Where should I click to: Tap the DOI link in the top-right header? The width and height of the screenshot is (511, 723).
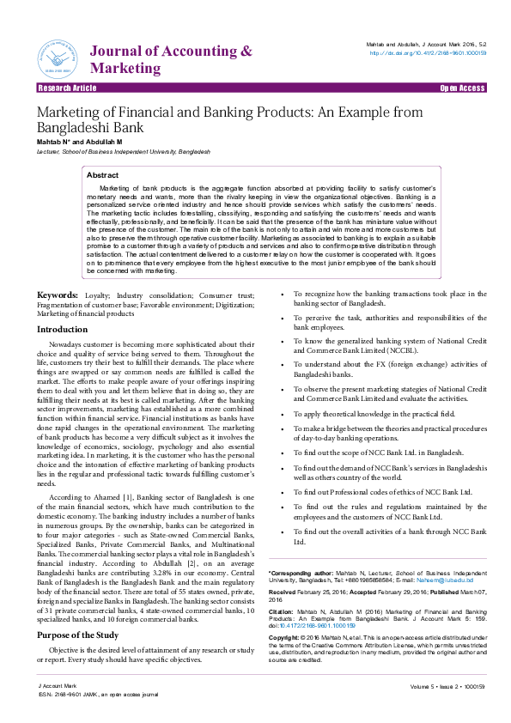[428, 52]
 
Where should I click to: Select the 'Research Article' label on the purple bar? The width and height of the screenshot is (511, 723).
[67, 88]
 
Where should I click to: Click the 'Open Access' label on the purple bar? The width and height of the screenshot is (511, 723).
[462, 88]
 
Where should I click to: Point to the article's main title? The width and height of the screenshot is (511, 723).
[229, 119]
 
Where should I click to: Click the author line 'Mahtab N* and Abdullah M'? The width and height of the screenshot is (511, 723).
[79, 141]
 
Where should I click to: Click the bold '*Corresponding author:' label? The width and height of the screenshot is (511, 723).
[300, 572]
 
